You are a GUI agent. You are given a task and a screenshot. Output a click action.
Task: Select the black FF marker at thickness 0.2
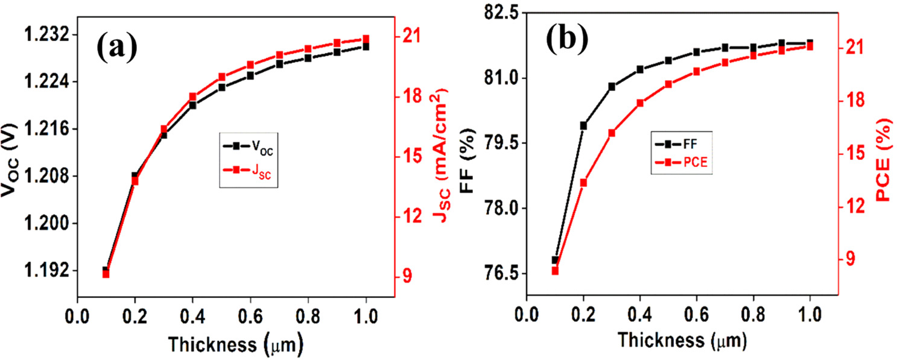(x=583, y=125)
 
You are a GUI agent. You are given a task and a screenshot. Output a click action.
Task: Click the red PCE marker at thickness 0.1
(x=555, y=271)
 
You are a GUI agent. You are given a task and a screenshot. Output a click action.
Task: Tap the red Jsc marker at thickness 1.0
(x=366, y=39)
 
